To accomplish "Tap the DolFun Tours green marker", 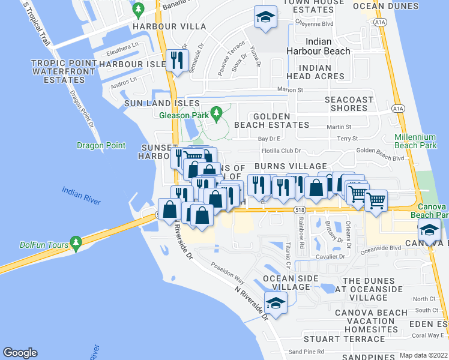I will coord(75,242).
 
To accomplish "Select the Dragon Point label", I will coord(101,145).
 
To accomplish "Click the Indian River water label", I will coord(81,196).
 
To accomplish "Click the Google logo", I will coord(20,353).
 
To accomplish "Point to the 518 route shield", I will coord(300,209).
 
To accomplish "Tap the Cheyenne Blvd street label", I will coord(314,23).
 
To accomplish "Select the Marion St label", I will coord(290,90).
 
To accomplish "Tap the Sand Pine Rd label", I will coord(306,352).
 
